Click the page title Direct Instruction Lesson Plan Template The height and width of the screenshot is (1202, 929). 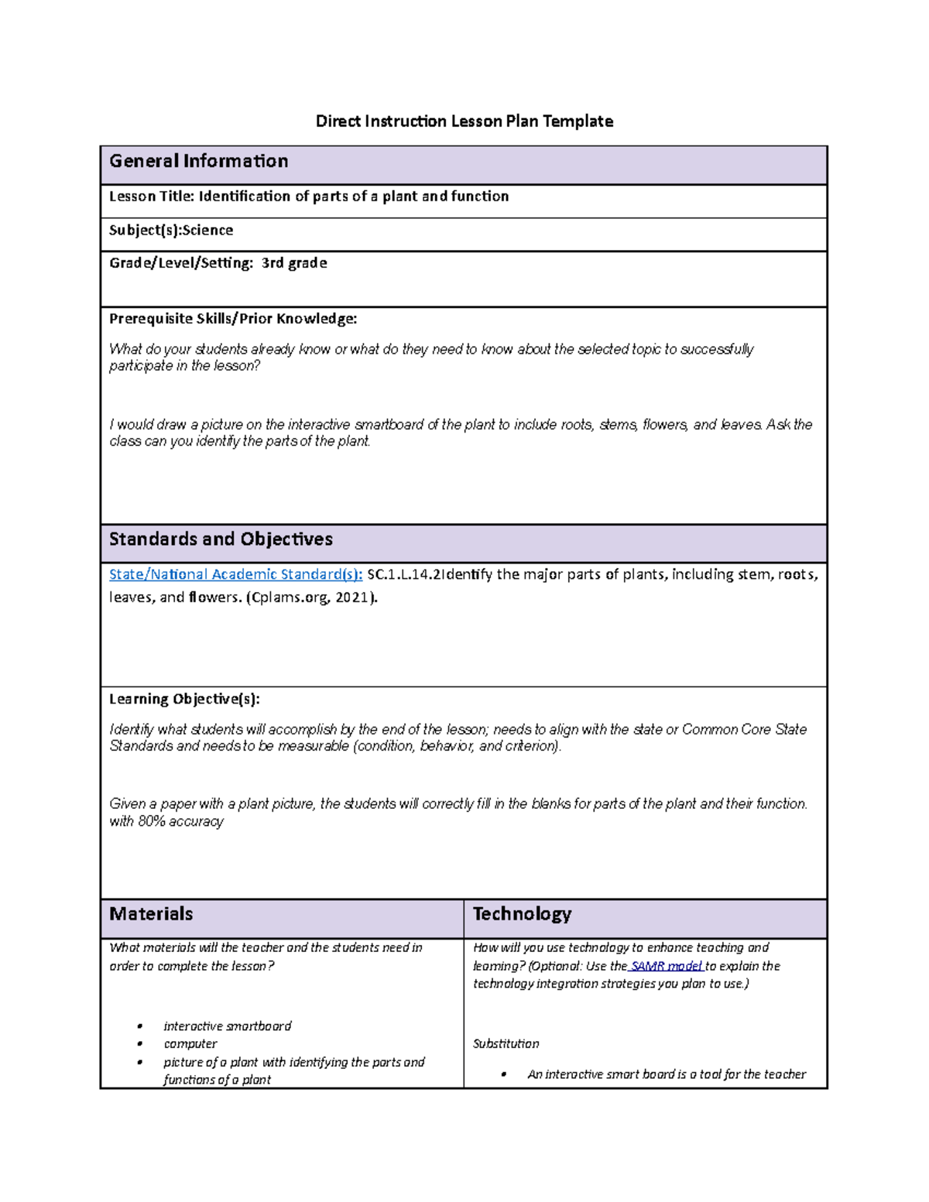click(x=464, y=121)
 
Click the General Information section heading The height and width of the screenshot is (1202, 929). click(x=199, y=161)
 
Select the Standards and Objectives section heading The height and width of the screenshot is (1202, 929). click(x=221, y=539)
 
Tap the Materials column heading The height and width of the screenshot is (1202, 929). click(x=151, y=914)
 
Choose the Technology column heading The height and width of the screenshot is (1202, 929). click(x=522, y=914)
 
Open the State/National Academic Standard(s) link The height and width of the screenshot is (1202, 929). click(x=235, y=574)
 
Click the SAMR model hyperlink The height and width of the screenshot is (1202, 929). click(x=667, y=966)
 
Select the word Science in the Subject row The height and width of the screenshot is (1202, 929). click(x=207, y=231)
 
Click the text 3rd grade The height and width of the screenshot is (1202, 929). click(x=294, y=263)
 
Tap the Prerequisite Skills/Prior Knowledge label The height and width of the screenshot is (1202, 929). click(x=233, y=319)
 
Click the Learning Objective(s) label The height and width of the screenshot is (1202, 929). click(x=184, y=699)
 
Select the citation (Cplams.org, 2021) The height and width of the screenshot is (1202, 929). click(x=312, y=598)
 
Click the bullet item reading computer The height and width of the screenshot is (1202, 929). click(x=190, y=1044)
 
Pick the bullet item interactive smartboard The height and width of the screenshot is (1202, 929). click(x=227, y=1026)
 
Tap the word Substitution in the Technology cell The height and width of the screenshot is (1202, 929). click(x=506, y=1044)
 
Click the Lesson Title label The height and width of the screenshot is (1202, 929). click(x=152, y=197)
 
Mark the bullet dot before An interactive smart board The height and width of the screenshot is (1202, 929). click(x=503, y=1074)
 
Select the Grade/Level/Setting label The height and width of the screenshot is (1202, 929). click(x=180, y=263)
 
